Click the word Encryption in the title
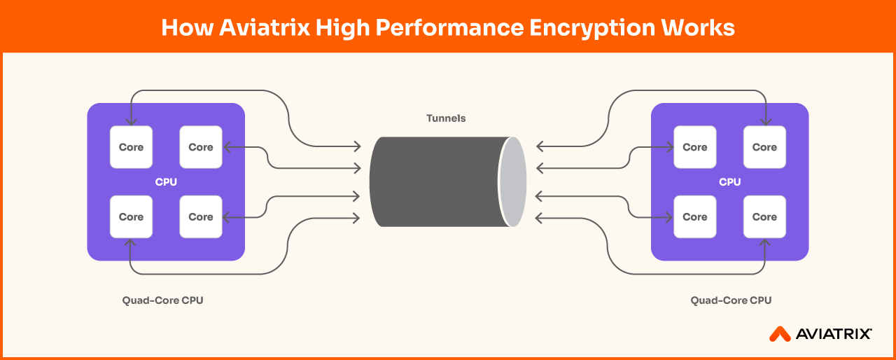pos(592,29)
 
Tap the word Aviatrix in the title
pos(265,27)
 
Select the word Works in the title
pos(698,27)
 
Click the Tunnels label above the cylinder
pos(446,118)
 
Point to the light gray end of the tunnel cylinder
pos(513,182)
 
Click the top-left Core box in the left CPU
pos(131,147)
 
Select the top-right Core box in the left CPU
pos(201,147)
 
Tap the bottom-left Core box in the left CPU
pos(131,217)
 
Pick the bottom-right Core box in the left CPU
pos(201,217)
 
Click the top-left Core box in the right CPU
pos(695,147)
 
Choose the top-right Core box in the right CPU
pos(764,147)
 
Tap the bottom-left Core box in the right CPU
pos(695,217)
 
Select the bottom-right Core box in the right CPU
pos(764,217)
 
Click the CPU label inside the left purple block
pos(166,182)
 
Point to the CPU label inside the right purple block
pos(729,182)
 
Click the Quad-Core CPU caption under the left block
pos(163,300)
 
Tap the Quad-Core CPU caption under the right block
pos(731,300)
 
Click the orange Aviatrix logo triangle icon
pos(780,335)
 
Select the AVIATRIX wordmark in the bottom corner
pos(834,334)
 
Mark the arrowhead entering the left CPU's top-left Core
pos(131,121)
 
